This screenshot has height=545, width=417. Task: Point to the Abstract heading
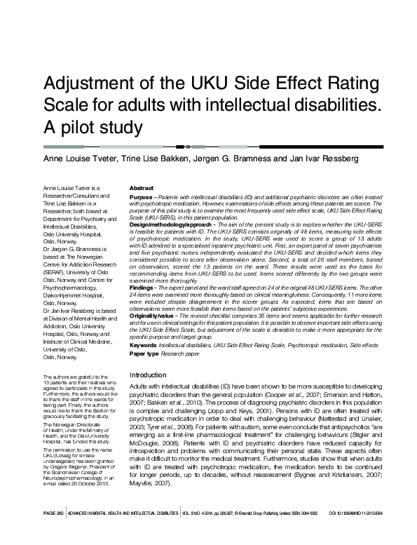pyautogui.click(x=142, y=189)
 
